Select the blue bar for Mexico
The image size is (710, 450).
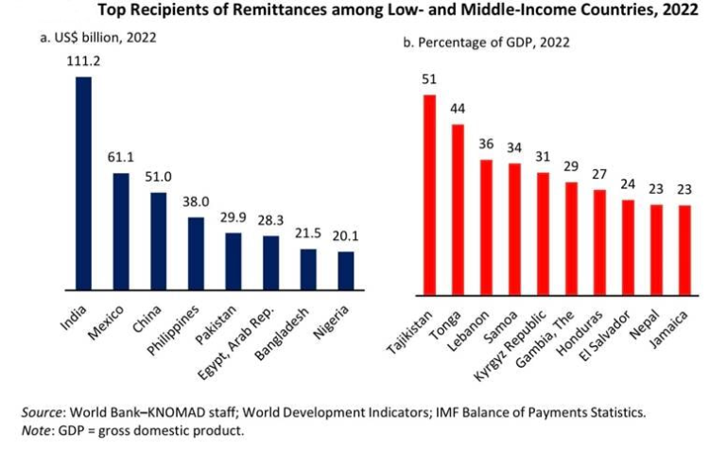pyautogui.click(x=121, y=231)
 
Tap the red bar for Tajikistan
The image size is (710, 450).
pyautogui.click(x=428, y=193)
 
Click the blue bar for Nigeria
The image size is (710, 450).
pyautogui.click(x=346, y=270)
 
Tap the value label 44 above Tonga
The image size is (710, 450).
pyautogui.click(x=458, y=109)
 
